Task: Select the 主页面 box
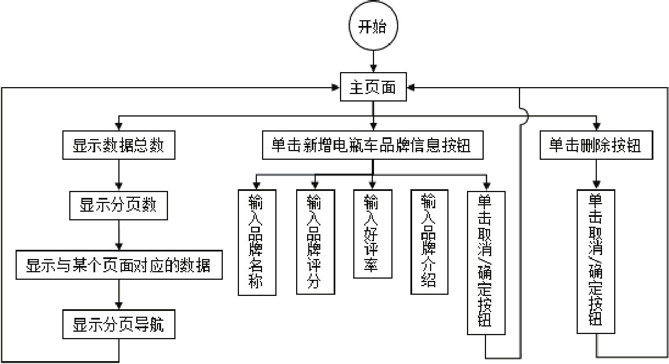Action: click(373, 88)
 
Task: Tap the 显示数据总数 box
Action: click(118, 146)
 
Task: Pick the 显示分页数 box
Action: click(118, 205)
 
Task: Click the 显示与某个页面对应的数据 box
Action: click(118, 265)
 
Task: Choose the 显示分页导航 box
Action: click(118, 325)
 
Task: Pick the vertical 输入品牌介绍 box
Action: click(428, 241)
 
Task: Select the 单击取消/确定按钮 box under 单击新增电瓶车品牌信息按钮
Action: click(485, 261)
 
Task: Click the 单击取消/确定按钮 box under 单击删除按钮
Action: click(596, 261)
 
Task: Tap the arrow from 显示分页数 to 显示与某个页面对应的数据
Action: click(118, 235)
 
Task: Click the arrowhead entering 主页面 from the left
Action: click(336, 88)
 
